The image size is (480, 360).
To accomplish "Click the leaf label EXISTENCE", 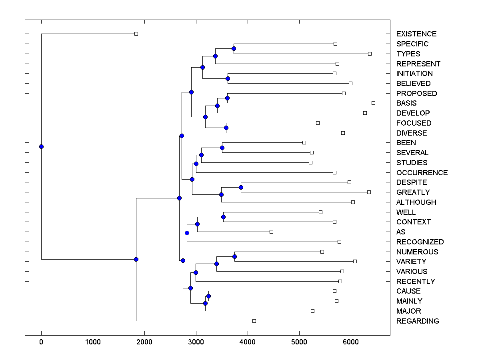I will [x=416, y=34].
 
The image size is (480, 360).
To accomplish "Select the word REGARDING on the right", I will [x=417, y=321].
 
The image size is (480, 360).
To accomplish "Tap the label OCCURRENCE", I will [x=422, y=172].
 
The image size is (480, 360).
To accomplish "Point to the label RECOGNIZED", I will [x=420, y=242].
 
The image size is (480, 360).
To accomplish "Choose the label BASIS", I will [x=406, y=103].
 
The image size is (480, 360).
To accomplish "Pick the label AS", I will [x=400, y=232].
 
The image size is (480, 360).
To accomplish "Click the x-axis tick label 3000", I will [x=196, y=342].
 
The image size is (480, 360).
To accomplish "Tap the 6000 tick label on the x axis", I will [x=351, y=342].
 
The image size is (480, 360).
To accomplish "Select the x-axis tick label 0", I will [x=41, y=342].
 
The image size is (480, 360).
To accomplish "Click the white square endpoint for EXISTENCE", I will [x=136, y=34].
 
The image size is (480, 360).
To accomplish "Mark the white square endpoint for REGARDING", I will [x=254, y=321].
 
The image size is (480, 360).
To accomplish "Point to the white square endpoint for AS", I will [x=271, y=232].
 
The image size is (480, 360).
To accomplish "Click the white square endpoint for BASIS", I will [x=373, y=103].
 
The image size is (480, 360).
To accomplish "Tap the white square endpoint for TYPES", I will [x=370, y=54].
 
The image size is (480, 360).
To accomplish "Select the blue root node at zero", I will [x=41, y=146].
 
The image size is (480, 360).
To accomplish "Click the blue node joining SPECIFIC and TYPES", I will [x=234, y=48].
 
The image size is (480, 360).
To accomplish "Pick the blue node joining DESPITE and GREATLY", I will [x=241, y=187].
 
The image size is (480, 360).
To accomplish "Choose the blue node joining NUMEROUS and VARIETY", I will [x=235, y=256].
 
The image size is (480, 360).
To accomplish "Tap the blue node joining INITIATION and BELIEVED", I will [x=228, y=78].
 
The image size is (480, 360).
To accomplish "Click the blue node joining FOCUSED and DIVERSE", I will [x=226, y=128].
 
